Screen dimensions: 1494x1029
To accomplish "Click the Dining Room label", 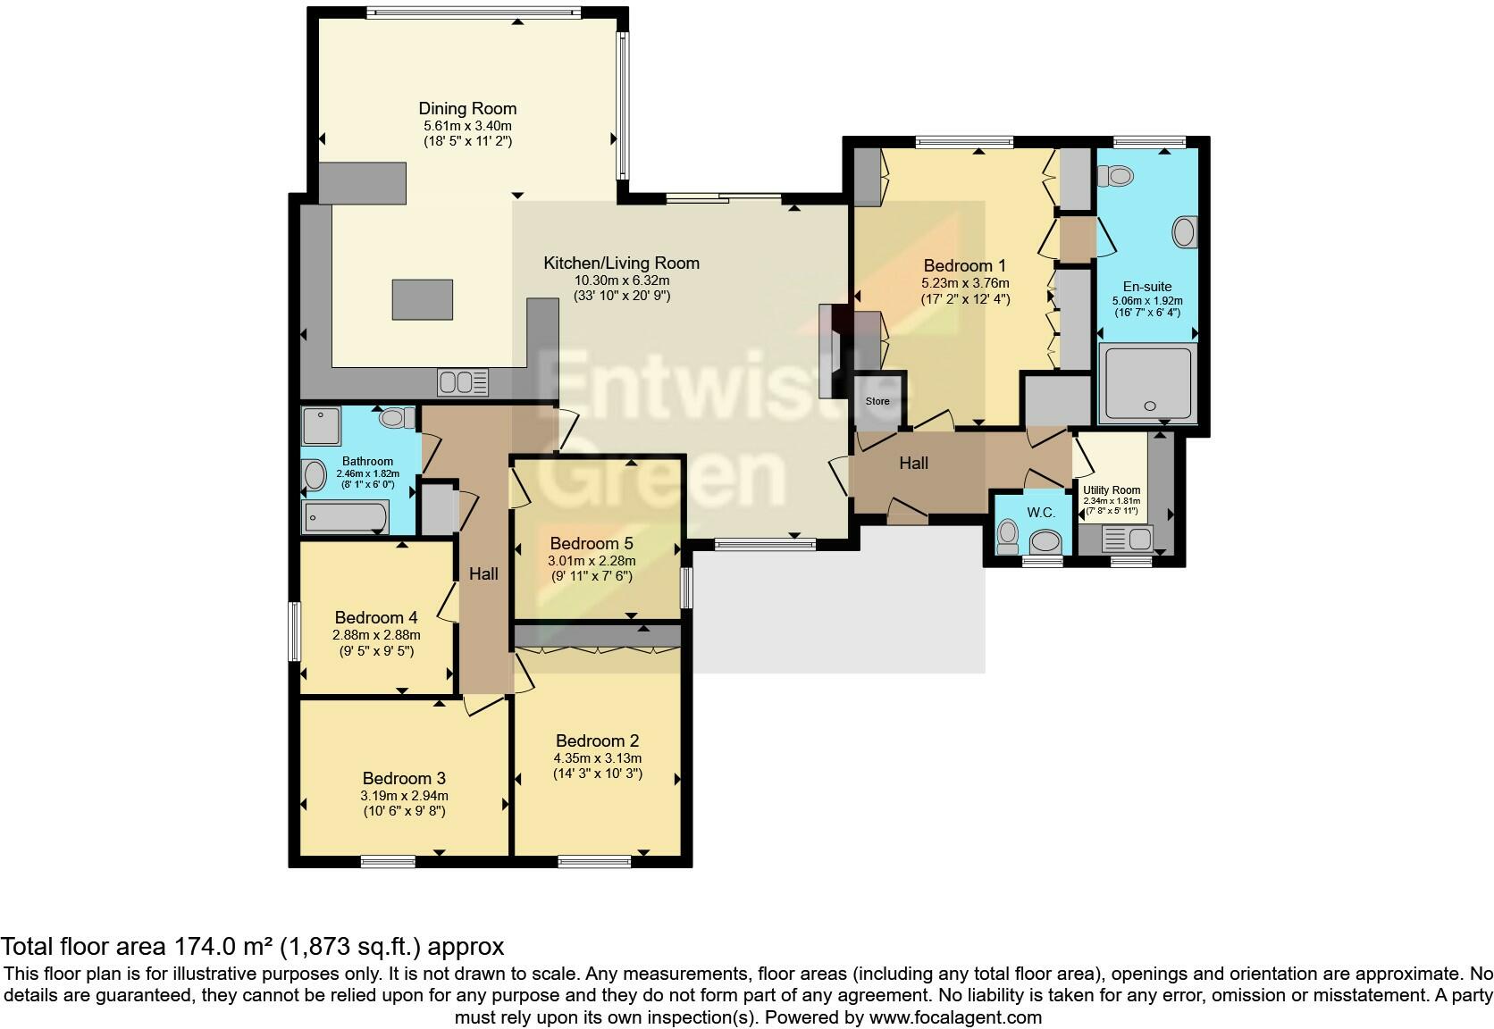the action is (x=466, y=108).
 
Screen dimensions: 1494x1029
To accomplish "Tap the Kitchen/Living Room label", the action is (x=621, y=263).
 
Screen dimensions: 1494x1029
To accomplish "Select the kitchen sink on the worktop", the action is (x=463, y=382).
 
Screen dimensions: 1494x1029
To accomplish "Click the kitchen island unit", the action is (x=422, y=299).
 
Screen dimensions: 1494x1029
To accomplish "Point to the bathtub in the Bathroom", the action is (x=345, y=517).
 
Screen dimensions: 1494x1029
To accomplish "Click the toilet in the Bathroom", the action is (x=396, y=418).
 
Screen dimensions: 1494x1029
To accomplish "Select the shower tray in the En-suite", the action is (x=1147, y=383).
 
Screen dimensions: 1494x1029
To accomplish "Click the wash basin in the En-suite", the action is (x=1185, y=232).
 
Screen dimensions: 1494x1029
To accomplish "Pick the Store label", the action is (x=877, y=401).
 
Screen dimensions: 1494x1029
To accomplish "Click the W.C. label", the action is (x=1040, y=512).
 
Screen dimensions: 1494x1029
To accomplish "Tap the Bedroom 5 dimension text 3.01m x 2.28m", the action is (x=592, y=561).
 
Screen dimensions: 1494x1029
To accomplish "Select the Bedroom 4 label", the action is (x=376, y=617).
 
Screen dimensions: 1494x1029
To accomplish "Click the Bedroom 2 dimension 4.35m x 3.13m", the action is (x=598, y=757).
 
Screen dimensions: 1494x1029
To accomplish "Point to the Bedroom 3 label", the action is (x=404, y=778).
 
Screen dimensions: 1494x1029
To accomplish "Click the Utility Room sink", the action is (x=1127, y=539).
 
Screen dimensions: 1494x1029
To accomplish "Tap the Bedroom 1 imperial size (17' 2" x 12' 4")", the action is (x=965, y=299).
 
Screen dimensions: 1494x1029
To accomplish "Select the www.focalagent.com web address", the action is (x=955, y=1017).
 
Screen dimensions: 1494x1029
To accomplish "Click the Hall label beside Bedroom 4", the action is (x=483, y=573).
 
